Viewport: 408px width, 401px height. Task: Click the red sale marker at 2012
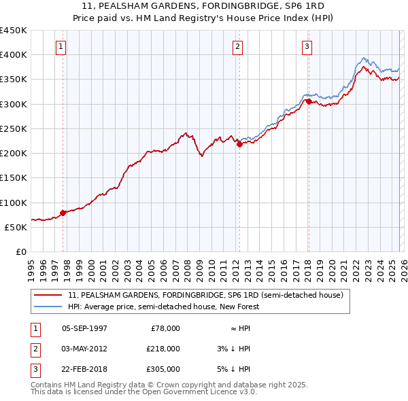[239, 144]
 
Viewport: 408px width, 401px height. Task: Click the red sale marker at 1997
[63, 213]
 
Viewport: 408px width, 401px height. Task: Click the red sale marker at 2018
[309, 101]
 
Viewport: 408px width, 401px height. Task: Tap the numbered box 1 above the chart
[61, 47]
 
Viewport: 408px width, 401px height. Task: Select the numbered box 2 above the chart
[237, 47]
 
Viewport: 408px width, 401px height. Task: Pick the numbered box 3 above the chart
[307, 47]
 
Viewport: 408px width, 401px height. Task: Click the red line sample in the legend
[49, 296]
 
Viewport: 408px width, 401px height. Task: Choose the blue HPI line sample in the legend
[49, 307]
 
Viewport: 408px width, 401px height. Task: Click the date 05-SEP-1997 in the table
[84, 328]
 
